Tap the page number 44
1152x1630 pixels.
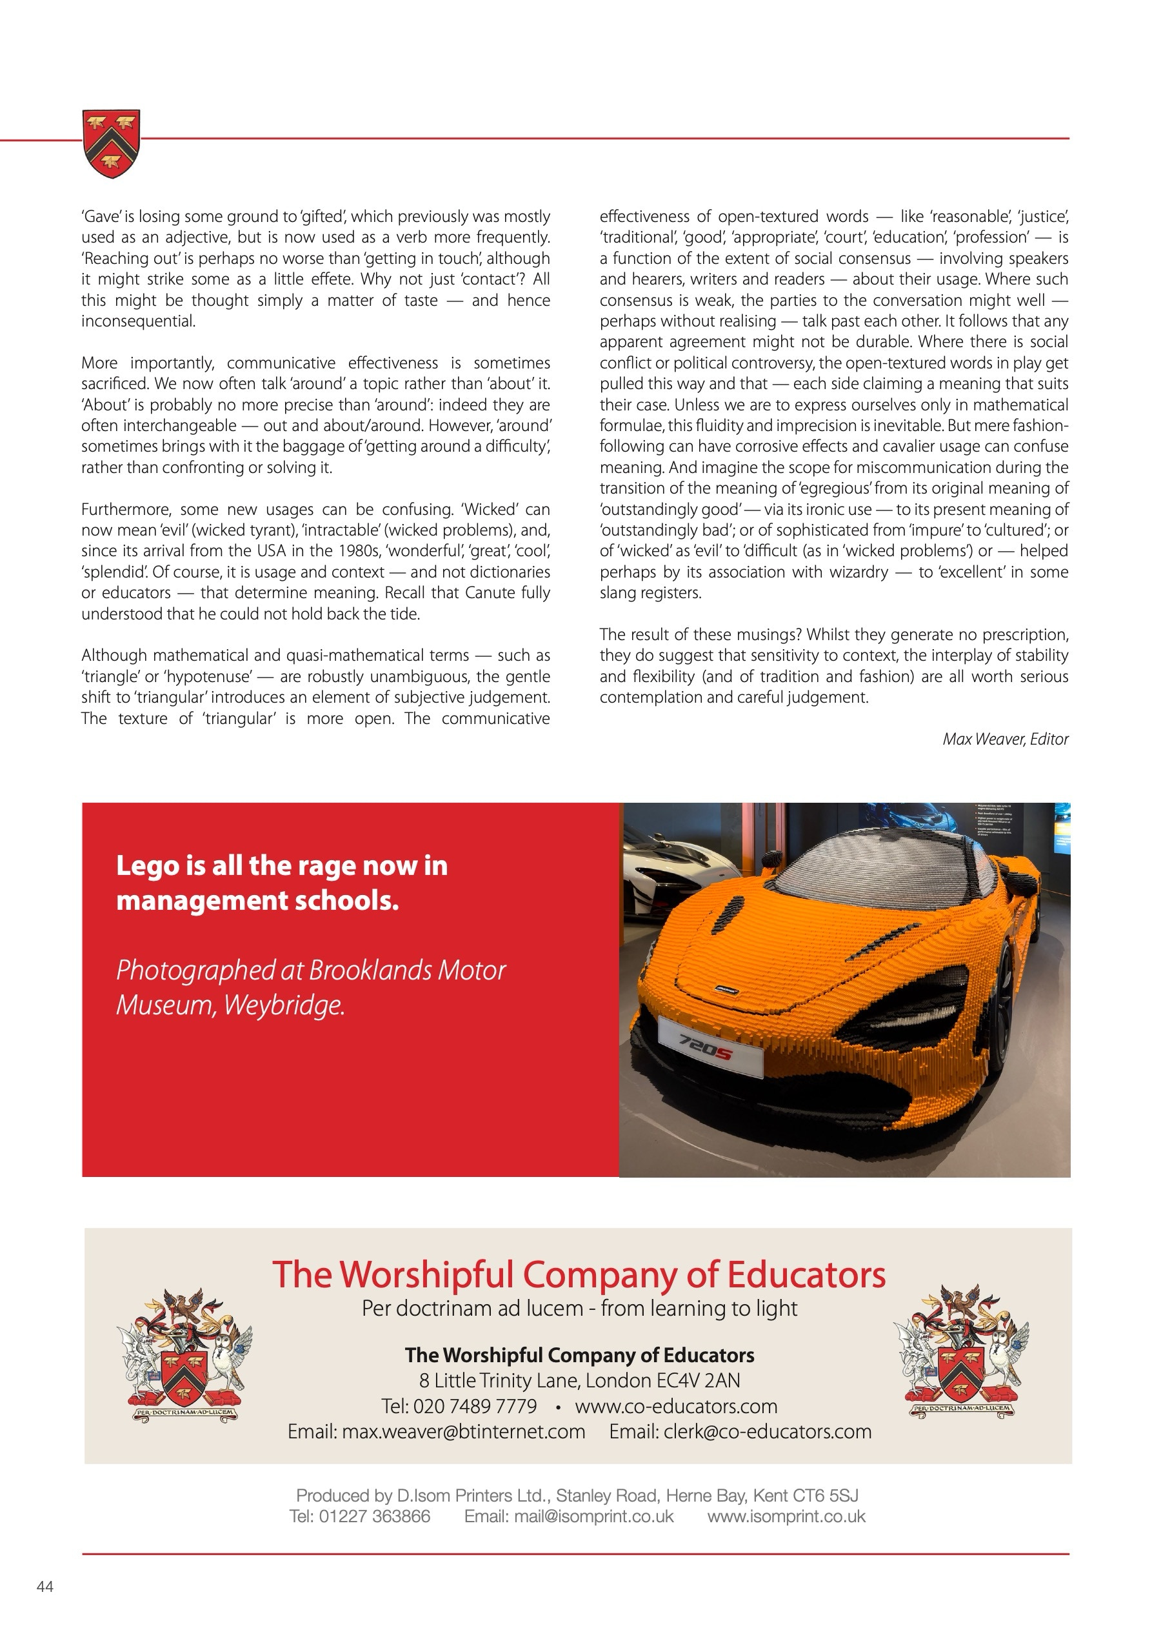click(45, 1587)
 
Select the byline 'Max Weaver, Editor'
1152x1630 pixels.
click(1004, 739)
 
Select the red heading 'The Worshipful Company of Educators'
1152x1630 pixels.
click(579, 1274)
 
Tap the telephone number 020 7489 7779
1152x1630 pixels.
click(475, 1406)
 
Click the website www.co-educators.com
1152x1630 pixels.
click(676, 1406)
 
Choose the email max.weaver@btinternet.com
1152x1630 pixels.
click(464, 1432)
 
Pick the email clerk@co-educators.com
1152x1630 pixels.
click(768, 1432)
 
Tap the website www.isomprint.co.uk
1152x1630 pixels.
click(786, 1516)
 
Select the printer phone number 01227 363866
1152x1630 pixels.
click(374, 1516)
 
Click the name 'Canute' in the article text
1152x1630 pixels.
click(490, 593)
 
